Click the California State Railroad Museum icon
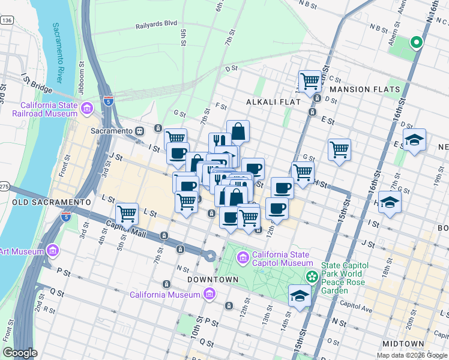87,108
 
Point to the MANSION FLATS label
364,89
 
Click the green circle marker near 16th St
415,43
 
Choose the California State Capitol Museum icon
243,259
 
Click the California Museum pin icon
209,294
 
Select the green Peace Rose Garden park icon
312,277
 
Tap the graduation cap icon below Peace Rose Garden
300,295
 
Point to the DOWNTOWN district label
209,280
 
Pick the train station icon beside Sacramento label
139,131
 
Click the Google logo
20,353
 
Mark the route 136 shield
7,20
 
